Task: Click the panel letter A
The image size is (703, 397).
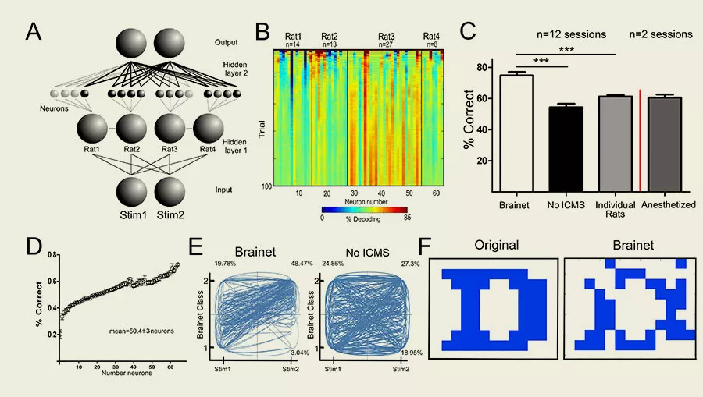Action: pos(34,32)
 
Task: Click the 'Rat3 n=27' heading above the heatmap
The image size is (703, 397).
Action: pos(387,41)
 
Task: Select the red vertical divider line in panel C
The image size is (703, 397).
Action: pos(640,140)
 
